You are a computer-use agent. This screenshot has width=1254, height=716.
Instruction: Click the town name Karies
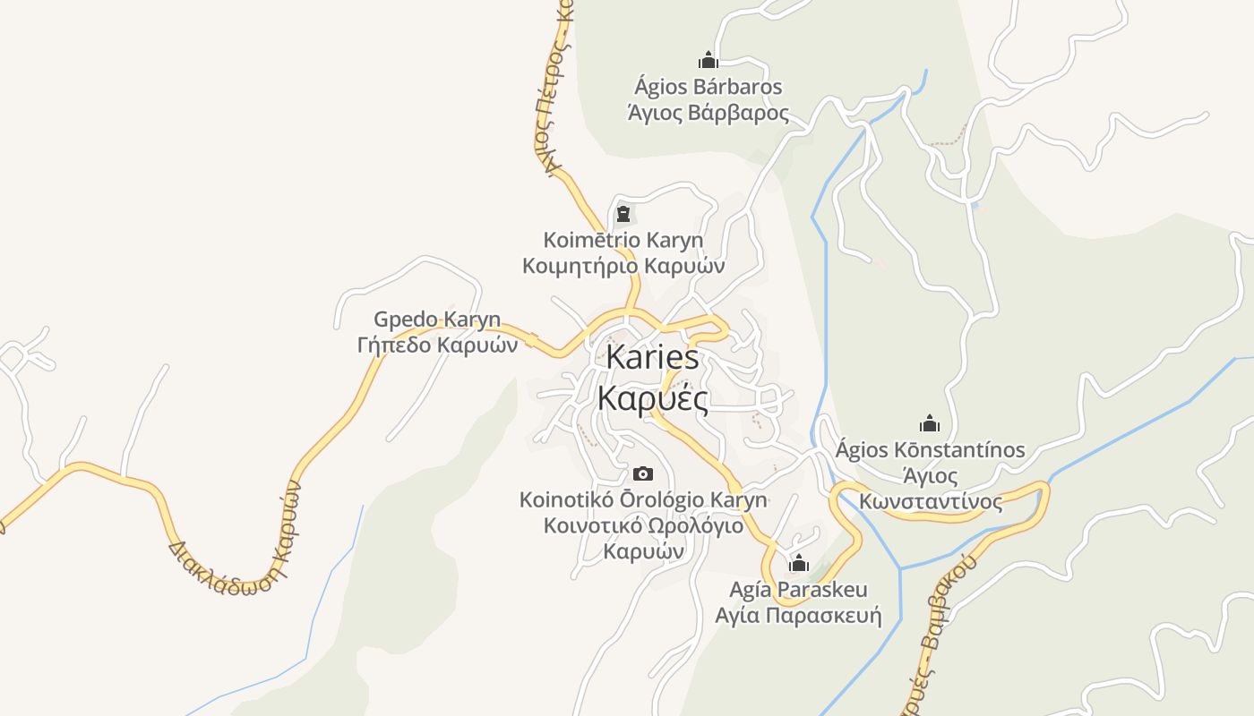coord(652,357)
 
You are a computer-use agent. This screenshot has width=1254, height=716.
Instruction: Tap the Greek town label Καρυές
coord(652,398)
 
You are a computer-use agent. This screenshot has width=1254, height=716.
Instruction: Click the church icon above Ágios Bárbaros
coord(709,61)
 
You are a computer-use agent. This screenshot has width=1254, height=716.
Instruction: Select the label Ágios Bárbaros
coord(708,87)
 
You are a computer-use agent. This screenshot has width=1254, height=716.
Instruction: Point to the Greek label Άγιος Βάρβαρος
coord(708,113)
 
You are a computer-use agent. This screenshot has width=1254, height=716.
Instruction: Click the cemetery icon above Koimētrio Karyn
coord(623,214)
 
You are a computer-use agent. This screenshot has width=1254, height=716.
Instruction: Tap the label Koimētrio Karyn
coord(623,240)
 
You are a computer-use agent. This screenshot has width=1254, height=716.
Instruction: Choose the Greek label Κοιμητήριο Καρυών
coord(623,266)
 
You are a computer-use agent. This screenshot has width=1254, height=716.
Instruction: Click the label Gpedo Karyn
coord(437,320)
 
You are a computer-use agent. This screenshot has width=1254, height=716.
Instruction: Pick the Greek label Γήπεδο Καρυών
coord(437,345)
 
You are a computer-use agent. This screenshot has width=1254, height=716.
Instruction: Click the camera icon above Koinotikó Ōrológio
coord(642,473)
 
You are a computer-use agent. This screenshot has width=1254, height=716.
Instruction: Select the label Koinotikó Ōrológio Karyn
coord(643,499)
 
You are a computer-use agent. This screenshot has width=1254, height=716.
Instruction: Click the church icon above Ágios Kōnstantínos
coord(930,423)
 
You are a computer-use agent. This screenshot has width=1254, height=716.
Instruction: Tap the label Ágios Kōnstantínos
coord(930,449)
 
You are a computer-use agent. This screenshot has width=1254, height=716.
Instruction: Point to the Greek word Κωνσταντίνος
coord(931,501)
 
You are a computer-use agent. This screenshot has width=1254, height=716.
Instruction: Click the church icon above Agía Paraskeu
coord(798,564)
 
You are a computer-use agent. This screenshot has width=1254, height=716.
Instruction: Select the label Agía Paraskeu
coord(798,590)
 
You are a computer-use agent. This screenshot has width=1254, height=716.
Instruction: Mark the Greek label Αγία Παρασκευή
coord(798,616)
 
